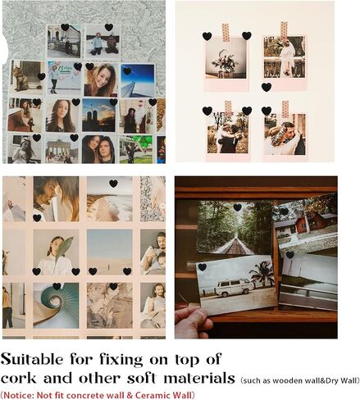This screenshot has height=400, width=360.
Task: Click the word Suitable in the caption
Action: (32, 359)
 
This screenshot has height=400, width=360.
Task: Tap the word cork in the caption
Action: (18, 379)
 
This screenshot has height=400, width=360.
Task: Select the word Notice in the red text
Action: (18, 395)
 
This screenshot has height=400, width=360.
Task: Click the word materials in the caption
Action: (199, 379)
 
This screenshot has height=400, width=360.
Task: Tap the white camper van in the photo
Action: (235, 288)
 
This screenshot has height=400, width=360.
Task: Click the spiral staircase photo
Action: (56, 306)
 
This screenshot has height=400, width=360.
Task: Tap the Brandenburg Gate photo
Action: (62, 149)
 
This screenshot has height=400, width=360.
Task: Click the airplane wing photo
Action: (138, 80)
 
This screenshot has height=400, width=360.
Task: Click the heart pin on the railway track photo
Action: (238, 207)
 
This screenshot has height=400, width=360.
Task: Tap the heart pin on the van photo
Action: (203, 267)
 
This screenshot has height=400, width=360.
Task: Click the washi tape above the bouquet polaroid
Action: (226, 33)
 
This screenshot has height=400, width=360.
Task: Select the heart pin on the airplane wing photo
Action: (127, 71)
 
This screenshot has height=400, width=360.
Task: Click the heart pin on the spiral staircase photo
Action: (57, 286)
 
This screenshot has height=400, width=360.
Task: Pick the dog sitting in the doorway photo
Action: (21, 79)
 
